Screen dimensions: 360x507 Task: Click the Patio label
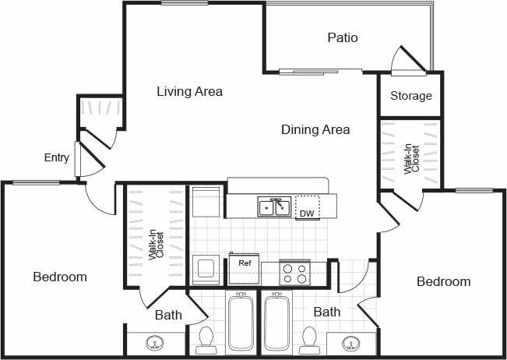coord(343,37)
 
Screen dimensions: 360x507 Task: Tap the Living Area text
coord(189,92)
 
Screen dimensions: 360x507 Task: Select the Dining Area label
coord(315,129)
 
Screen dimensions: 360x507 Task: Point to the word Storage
coord(410,96)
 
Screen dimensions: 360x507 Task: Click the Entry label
coord(56,157)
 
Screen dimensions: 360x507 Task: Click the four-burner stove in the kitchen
coord(294,274)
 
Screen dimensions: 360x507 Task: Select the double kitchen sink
coord(274,206)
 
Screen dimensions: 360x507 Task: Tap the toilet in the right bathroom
coord(308,339)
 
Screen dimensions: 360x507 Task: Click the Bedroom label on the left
coord(59,277)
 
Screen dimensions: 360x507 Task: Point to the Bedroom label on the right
coord(443,281)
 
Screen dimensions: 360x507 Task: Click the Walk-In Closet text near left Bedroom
coord(156,244)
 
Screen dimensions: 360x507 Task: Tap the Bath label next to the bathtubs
coord(327,312)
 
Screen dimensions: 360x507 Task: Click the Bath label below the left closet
coord(167,316)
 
